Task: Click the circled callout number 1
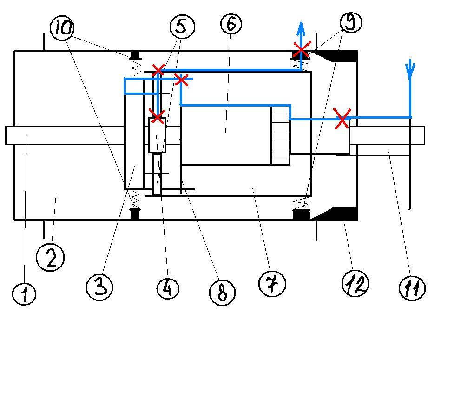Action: pos(25,293)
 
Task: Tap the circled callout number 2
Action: pos(50,257)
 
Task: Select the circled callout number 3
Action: pos(99,286)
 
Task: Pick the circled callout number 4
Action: pos(168,288)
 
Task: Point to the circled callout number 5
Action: pos(182,26)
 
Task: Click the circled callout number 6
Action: pos(231,23)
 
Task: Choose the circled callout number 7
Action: pos(272,284)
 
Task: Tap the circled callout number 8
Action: pos(222,293)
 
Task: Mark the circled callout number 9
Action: pos(351,22)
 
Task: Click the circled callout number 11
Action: pos(412,288)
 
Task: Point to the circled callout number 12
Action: pos(355,283)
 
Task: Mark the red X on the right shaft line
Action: pos(342,119)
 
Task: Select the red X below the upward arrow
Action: pos(302,49)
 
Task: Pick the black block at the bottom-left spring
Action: pos(135,213)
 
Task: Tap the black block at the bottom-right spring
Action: pos(301,214)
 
